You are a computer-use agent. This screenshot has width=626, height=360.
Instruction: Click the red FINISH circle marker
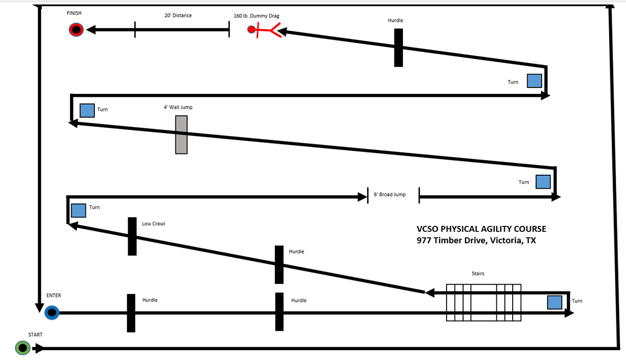click(76, 30)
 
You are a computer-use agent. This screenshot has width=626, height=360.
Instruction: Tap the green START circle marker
click(23, 348)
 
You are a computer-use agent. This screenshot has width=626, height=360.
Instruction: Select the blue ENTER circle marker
click(52, 313)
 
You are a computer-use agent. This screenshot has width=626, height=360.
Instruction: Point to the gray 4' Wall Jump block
click(181, 135)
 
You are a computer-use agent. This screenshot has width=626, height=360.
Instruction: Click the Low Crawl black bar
click(132, 236)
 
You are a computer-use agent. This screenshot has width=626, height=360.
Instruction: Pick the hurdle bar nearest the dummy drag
click(398, 48)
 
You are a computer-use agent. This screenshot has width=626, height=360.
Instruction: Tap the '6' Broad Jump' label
click(390, 195)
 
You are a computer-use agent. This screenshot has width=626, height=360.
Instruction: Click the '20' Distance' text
click(178, 15)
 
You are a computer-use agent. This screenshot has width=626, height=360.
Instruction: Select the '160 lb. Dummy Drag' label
click(256, 16)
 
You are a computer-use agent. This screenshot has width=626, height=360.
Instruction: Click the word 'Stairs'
click(478, 274)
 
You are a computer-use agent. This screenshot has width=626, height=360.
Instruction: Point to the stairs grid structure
click(483, 302)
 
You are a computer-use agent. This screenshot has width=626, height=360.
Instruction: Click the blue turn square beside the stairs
click(554, 302)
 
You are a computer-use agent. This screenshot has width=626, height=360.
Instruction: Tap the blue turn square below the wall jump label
click(87, 110)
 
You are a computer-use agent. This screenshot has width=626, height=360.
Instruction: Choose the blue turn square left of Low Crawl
click(78, 211)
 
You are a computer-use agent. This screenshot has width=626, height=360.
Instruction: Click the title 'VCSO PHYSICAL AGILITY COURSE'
click(481, 229)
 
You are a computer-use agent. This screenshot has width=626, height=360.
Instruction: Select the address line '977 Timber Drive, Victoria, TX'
click(476, 241)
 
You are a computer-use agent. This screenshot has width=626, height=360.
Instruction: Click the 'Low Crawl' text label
click(154, 224)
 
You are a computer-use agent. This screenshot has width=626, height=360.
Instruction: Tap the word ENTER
click(54, 295)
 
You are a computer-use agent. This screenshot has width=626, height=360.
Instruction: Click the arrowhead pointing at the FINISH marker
click(91, 30)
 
